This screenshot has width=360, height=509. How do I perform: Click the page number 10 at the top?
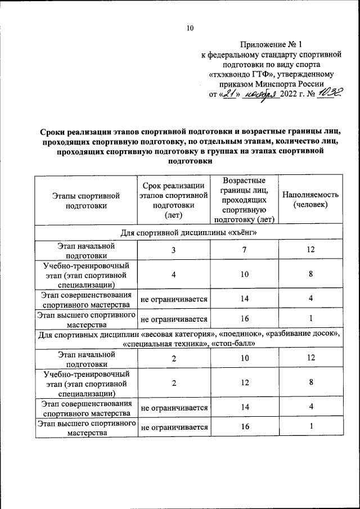(x=190, y=28)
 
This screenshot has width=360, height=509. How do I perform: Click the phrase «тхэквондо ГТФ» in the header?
(x=242, y=74)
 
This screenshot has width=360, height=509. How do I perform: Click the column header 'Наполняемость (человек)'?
(x=310, y=200)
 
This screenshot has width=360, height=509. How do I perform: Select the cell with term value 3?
(x=174, y=249)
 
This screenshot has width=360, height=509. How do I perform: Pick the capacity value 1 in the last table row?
(x=310, y=427)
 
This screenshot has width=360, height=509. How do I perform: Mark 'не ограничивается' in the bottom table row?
(x=174, y=427)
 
